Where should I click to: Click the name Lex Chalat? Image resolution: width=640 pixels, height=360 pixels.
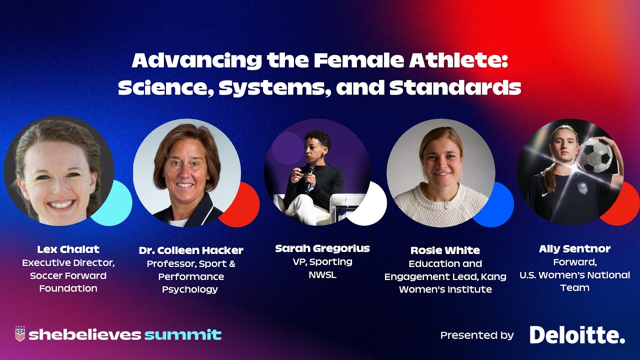point(68,249)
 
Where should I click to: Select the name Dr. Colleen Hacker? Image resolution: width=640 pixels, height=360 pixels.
point(191,250)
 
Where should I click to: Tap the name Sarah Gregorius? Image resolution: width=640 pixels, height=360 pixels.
point(322,248)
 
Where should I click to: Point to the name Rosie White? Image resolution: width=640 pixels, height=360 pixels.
point(444,250)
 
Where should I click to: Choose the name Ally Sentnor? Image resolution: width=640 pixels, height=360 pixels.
point(574,248)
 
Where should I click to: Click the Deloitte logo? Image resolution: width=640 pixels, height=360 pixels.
point(577,334)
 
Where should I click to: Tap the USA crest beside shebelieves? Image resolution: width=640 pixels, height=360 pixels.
point(20,333)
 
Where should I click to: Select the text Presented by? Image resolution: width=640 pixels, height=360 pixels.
point(476,335)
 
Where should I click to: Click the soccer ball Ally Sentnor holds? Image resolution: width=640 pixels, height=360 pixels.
point(594,155)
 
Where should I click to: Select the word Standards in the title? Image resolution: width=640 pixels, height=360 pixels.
point(455,87)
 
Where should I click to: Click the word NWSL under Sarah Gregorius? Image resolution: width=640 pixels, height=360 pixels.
point(322,274)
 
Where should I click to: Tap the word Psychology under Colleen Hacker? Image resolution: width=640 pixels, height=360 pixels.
point(190,289)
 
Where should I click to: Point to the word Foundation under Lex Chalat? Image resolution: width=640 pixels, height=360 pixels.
point(68,288)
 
